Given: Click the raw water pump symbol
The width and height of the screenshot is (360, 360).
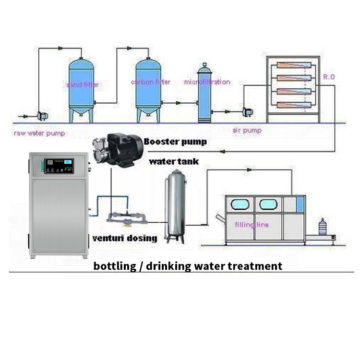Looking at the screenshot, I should [41, 116].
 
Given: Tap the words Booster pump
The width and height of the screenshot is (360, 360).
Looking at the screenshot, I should [175, 142].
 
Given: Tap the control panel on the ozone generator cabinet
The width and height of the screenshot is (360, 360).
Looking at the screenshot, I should [59, 166].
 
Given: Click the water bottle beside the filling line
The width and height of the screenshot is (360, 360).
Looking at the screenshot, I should [324, 227].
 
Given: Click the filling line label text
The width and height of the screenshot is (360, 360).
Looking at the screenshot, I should [252, 225].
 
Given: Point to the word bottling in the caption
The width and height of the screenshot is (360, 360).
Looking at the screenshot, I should [114, 265].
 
